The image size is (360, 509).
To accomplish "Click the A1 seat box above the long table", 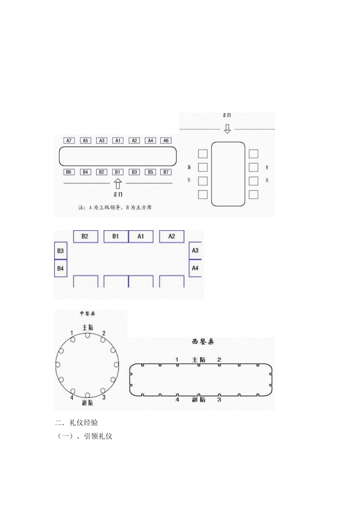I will [118, 141].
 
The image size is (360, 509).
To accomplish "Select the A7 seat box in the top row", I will [69, 141].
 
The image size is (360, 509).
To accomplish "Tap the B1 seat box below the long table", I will [118, 172].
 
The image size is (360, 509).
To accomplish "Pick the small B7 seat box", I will [166, 172].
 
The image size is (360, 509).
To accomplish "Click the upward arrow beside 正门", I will [118, 184].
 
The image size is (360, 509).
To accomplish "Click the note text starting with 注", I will [115, 208].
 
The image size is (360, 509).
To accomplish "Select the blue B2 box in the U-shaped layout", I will [85, 236].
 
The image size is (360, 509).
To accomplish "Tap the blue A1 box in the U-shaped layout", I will [141, 236].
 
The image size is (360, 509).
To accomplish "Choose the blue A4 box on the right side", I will [195, 268].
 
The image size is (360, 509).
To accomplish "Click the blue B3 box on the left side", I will [61, 251].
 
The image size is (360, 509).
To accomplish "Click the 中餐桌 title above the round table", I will [88, 314].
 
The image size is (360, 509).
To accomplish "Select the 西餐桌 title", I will [203, 342].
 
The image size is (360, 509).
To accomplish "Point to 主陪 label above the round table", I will [88, 327].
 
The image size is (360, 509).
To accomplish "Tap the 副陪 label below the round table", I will [88, 403].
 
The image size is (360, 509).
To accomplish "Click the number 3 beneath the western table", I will [219, 400].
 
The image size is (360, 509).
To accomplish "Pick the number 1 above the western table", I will [177, 359].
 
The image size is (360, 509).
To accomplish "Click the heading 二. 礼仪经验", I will [77, 423].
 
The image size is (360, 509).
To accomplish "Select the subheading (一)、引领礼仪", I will [85, 436].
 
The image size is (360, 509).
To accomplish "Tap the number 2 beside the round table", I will [104, 333].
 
